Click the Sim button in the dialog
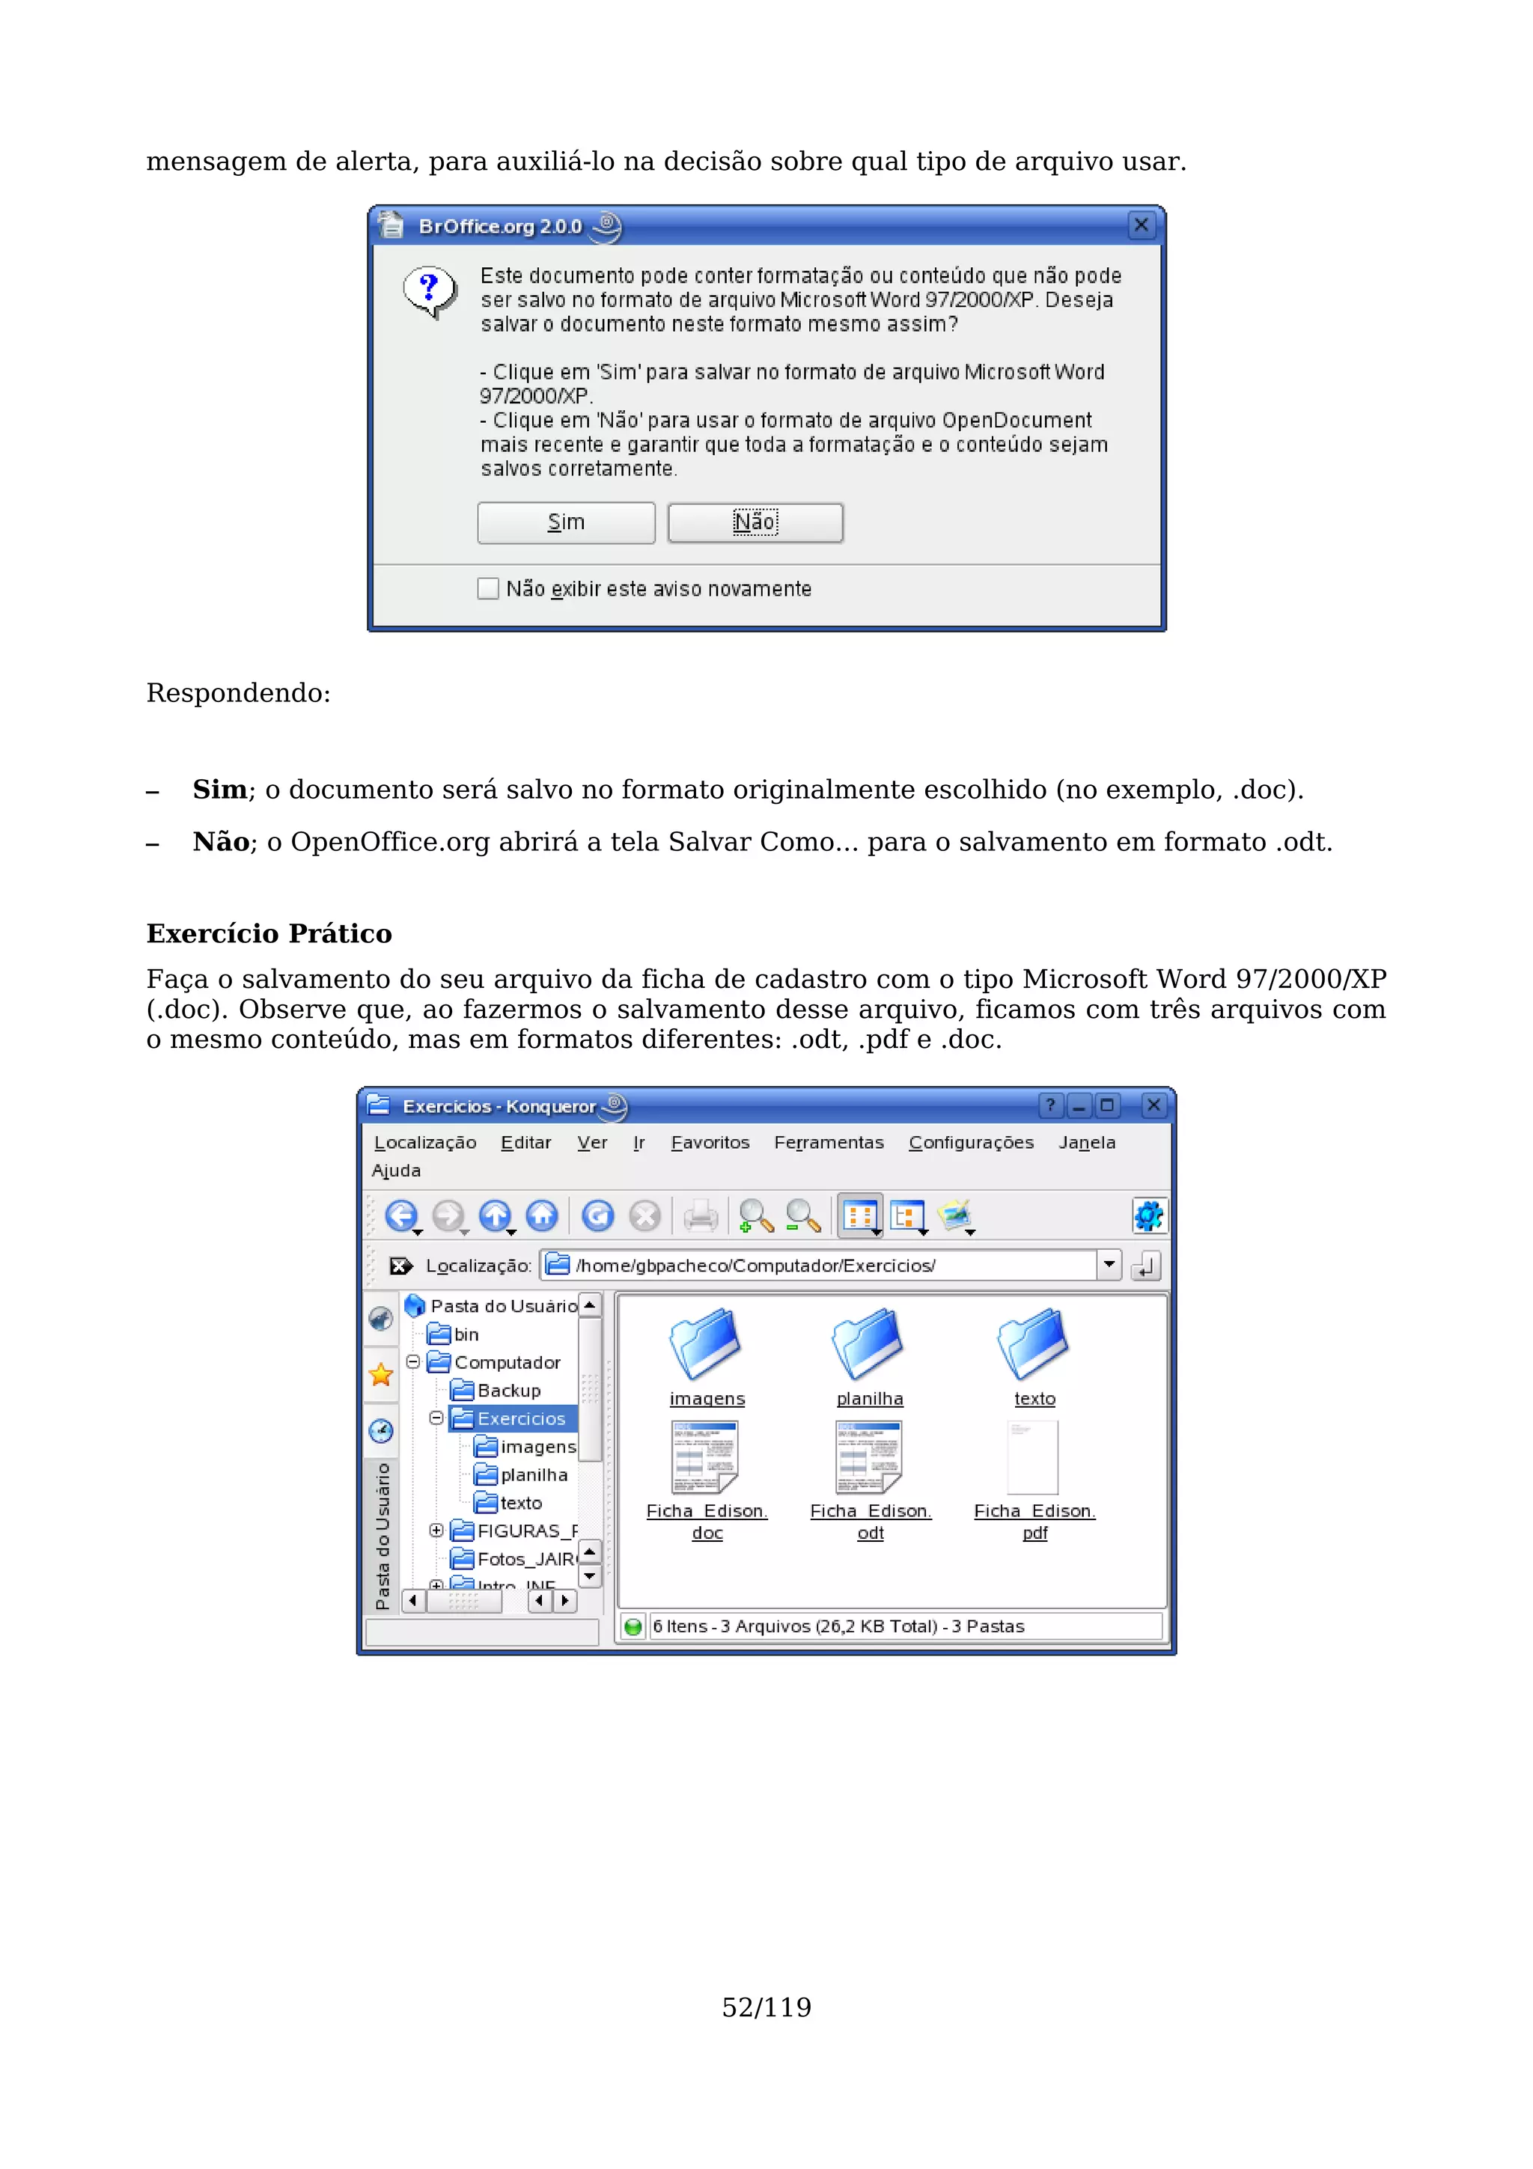566,522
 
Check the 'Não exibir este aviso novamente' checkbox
487,588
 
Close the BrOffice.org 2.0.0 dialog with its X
1141,225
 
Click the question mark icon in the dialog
430,291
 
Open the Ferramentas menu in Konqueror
829,1142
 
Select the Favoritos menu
710,1142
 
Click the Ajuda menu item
396,1171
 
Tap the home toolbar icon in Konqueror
542,1215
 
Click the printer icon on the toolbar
700,1215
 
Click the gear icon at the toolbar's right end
1148,1215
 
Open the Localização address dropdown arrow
1109,1265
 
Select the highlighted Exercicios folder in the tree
520,1418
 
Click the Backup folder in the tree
508,1391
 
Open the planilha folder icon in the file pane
869,1343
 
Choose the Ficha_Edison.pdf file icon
1033,1458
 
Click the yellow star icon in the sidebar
382,1374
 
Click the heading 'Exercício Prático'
269,933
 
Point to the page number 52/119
766,2007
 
